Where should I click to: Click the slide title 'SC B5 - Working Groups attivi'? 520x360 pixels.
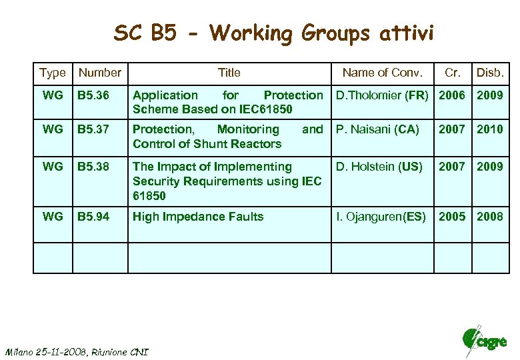[273, 33]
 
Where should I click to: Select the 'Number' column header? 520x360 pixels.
[100, 73]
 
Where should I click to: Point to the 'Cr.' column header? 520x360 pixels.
[453, 73]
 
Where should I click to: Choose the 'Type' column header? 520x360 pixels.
[53, 73]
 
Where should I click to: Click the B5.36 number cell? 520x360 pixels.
[92, 95]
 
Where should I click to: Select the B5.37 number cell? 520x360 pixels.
[92, 129]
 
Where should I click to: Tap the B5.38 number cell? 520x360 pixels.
[92, 167]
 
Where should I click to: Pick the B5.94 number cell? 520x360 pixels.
[92, 217]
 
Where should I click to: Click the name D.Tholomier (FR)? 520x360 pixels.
[382, 95]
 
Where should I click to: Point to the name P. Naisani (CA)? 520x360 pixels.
[377, 129]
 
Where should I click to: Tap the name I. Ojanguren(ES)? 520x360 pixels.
[381, 217]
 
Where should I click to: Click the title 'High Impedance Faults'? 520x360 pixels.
[198, 217]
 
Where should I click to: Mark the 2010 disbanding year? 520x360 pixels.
[490, 129]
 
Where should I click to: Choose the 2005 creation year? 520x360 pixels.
[452, 217]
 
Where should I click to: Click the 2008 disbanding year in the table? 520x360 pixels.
[490, 217]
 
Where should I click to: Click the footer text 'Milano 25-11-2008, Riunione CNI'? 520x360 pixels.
[77, 351]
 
